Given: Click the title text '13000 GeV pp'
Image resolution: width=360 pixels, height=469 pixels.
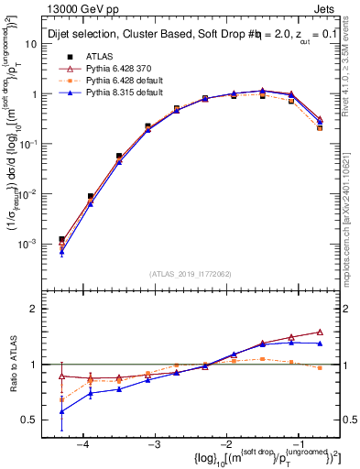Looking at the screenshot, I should click(x=78, y=8).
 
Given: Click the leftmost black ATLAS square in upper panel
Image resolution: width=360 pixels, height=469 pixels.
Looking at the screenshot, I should click(x=61, y=239).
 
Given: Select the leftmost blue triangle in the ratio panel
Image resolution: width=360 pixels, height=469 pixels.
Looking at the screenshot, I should click(x=61, y=411).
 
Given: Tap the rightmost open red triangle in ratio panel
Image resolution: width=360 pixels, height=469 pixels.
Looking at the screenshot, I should click(x=320, y=332).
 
